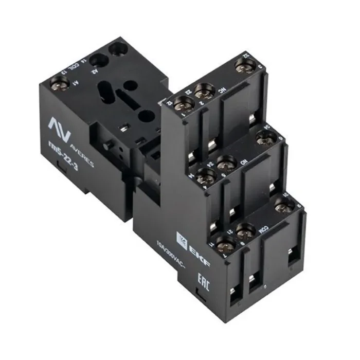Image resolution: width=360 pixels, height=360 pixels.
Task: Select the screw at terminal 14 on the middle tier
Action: tap(205, 178)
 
